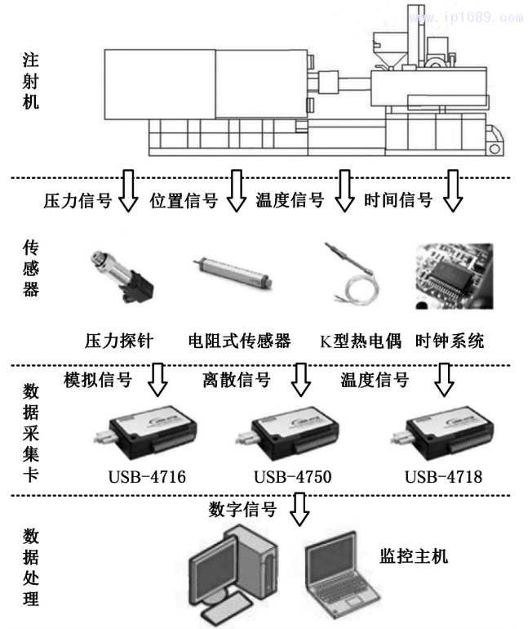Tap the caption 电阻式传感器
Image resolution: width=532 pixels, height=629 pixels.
[239, 340]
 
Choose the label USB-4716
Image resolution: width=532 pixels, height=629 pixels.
[148, 476]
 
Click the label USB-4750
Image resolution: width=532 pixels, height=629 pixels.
[292, 476]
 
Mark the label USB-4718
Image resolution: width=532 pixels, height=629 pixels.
[443, 476]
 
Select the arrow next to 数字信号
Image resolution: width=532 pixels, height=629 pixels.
[301, 511]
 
